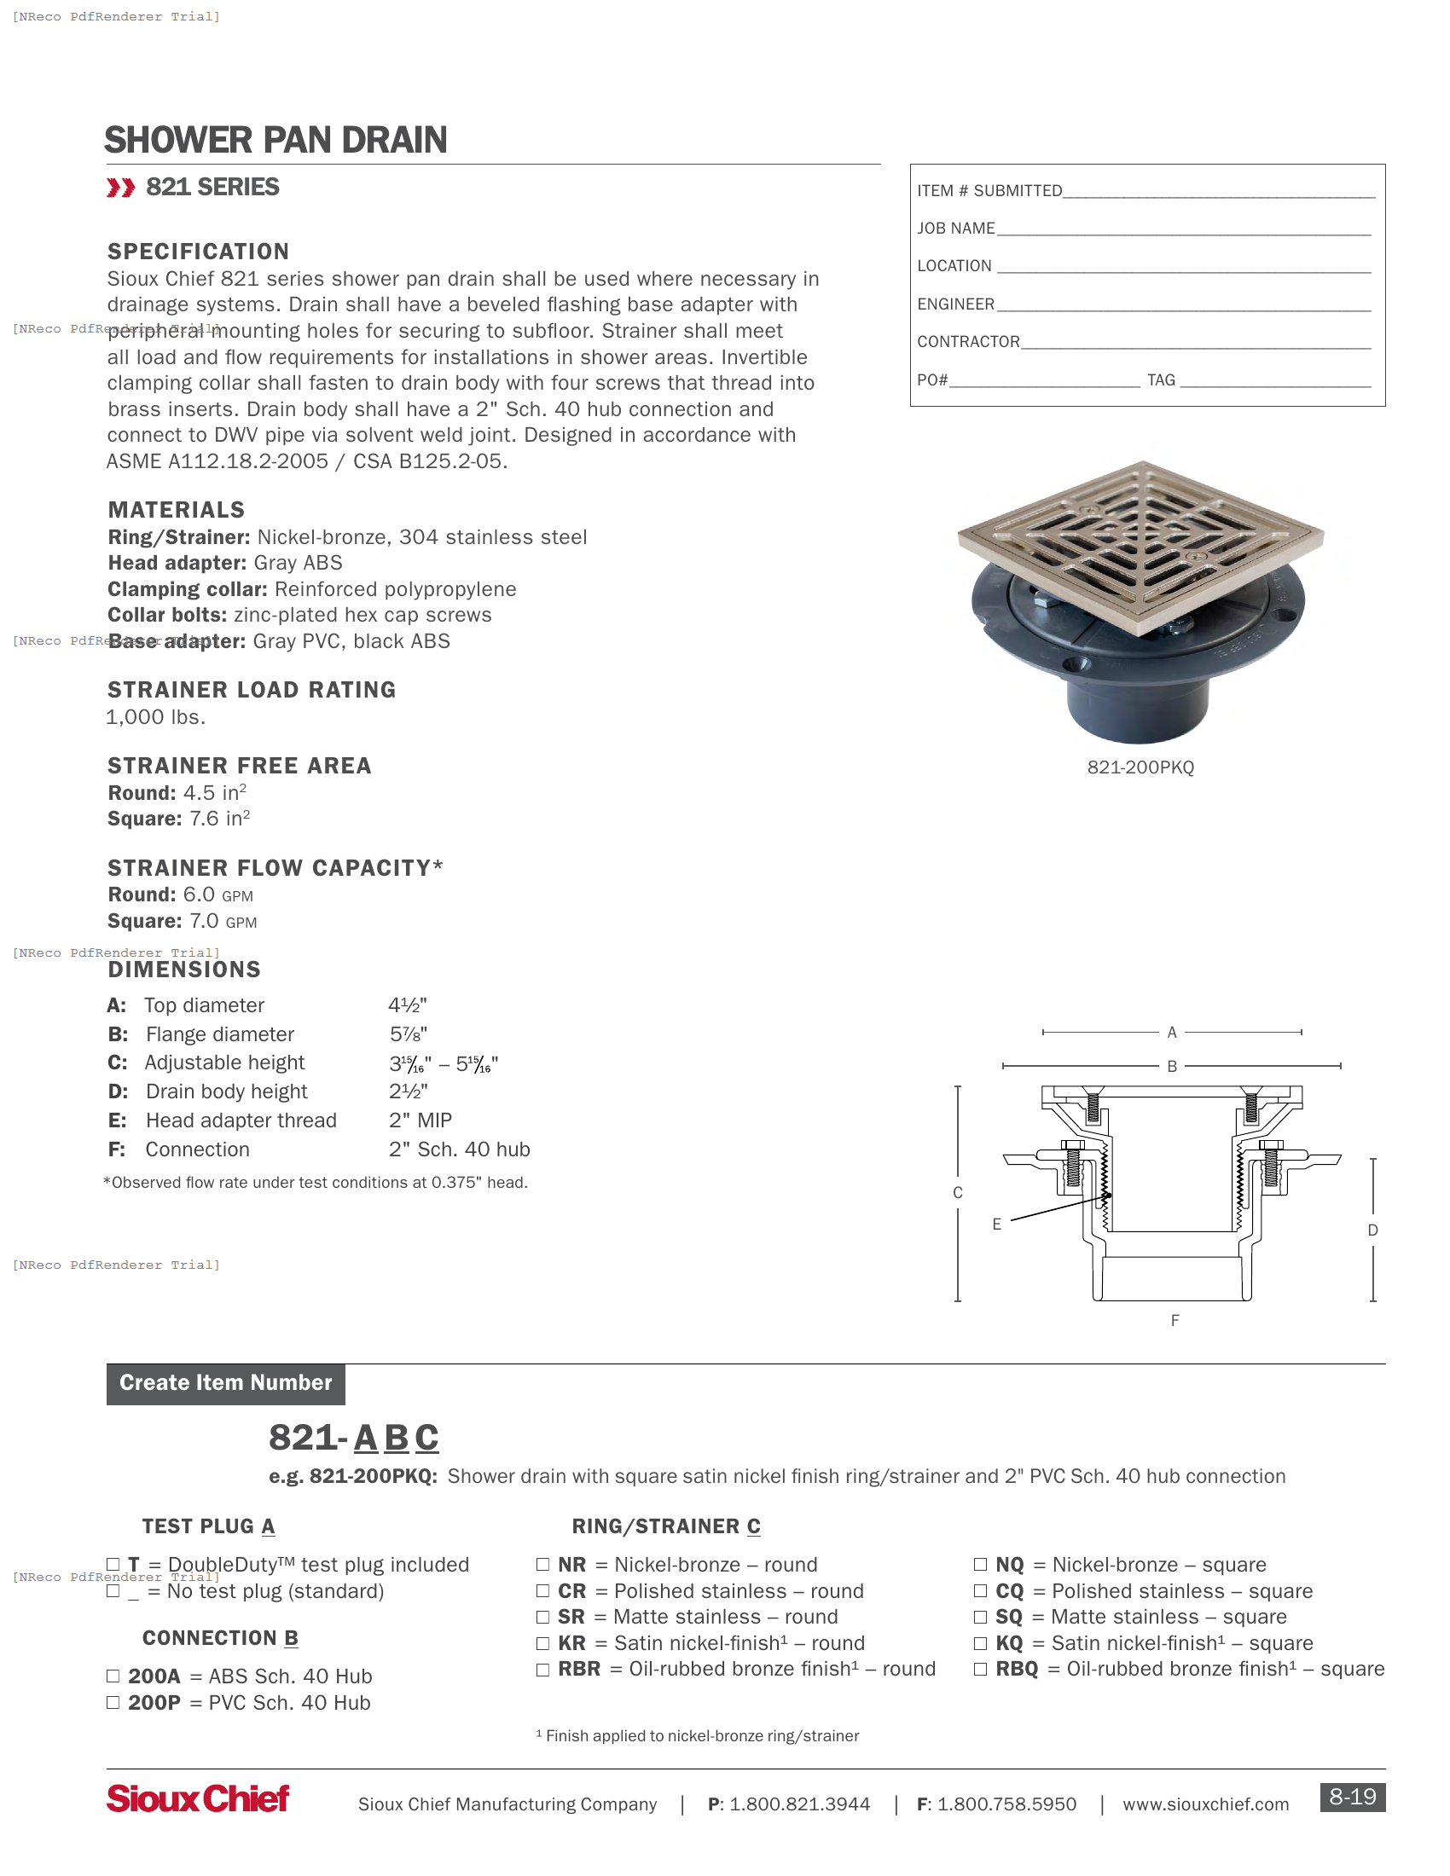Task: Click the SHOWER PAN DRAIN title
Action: tap(275, 140)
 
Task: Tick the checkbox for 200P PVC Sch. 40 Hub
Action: tap(113, 1703)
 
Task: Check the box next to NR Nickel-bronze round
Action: tap(542, 1564)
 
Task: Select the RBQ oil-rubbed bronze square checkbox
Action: tap(980, 1669)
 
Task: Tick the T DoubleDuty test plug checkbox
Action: tap(113, 1564)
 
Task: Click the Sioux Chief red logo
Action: tap(198, 1798)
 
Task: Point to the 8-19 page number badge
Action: tap(1352, 1796)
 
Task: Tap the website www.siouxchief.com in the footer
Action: tap(1205, 1804)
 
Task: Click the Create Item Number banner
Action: tap(225, 1382)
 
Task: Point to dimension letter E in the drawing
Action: tap(996, 1224)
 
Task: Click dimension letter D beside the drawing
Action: tap(1372, 1230)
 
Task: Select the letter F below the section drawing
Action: tap(1174, 1320)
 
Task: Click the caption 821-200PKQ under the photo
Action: tap(1140, 767)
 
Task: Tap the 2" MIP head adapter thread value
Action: tap(420, 1120)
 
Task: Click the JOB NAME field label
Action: tap(955, 229)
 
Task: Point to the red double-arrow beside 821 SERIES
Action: tap(120, 188)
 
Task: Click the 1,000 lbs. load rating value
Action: tap(155, 717)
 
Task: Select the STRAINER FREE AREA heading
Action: tap(239, 766)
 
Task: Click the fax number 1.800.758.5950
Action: tap(1006, 1804)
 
